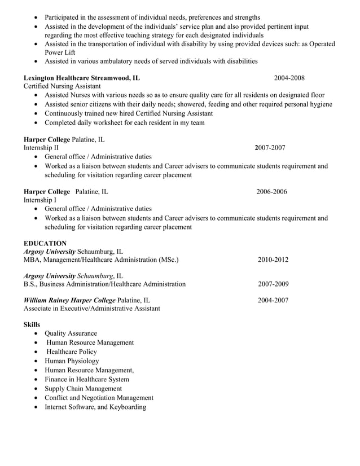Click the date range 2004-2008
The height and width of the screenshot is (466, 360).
[x=289, y=77]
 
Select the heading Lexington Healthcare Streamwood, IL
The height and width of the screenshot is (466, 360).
[x=82, y=77]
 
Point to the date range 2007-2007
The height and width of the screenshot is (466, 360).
[x=270, y=148]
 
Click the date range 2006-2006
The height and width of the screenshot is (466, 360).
[x=271, y=192]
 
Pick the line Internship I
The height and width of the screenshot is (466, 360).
[x=39, y=200]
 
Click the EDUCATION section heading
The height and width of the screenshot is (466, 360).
[x=45, y=243]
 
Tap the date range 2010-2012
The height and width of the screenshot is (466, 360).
[x=273, y=260]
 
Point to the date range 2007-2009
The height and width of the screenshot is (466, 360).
[x=273, y=284]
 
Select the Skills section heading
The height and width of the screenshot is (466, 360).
[x=32, y=325]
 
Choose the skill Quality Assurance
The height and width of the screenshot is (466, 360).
[x=71, y=333]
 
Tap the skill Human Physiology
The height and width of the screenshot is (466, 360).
[x=72, y=361]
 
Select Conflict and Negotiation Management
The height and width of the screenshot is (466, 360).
[x=99, y=398]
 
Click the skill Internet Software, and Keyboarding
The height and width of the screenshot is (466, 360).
[x=95, y=407]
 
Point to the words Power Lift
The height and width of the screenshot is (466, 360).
[x=60, y=52]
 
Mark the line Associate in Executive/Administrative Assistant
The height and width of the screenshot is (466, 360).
[x=91, y=309]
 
